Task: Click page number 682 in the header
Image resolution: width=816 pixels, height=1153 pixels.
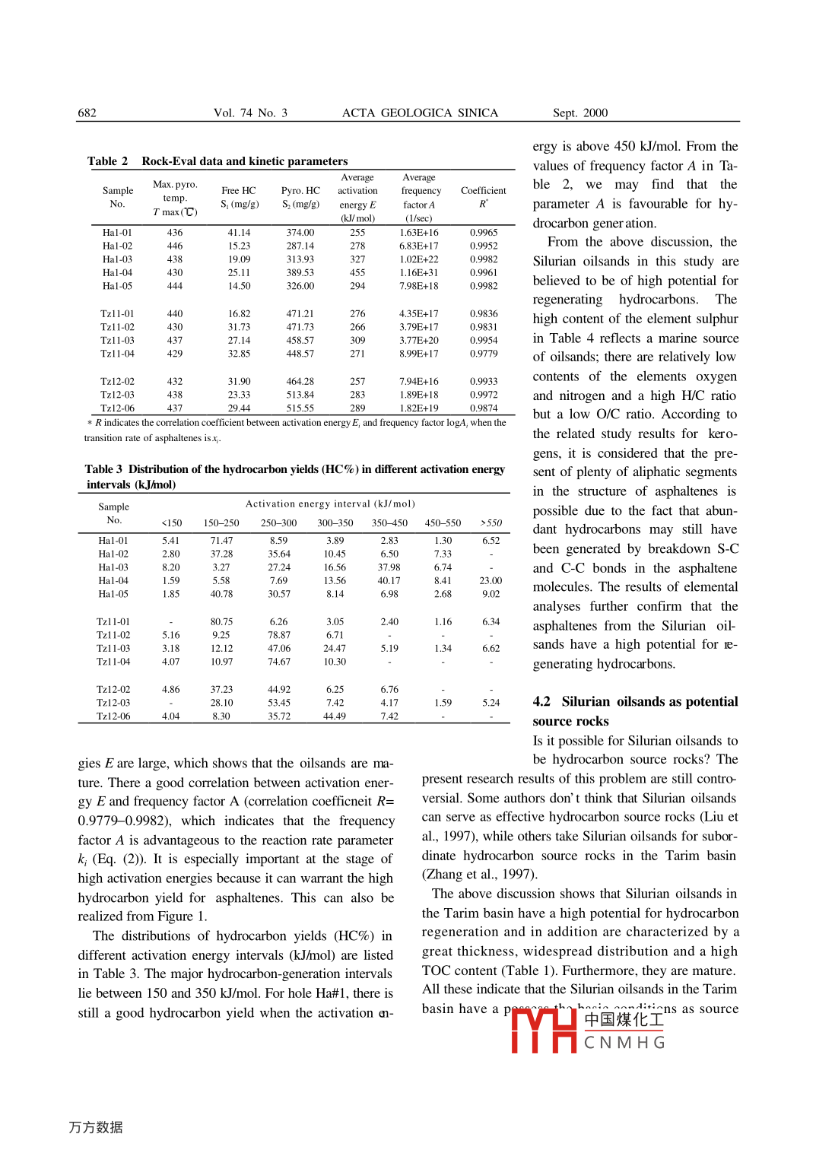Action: [87, 113]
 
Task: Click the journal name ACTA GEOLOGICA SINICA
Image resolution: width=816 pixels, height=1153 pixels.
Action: [420, 113]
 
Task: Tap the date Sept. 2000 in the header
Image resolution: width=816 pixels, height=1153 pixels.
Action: [579, 113]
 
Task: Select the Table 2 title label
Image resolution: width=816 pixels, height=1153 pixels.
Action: [107, 161]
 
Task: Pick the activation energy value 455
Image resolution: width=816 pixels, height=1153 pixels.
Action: [357, 272]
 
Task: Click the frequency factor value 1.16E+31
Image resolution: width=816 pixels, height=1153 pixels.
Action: [418, 272]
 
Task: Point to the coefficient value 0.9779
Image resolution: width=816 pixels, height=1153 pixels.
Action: [484, 354]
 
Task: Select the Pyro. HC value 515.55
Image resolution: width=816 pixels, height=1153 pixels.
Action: [300, 408]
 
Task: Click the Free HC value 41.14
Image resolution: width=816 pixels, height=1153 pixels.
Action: [239, 233]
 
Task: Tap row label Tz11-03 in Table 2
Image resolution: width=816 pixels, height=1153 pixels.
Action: [117, 340]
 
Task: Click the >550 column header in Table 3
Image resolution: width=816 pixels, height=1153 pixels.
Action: [491, 523]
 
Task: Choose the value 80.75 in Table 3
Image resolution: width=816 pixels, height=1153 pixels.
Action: [221, 621]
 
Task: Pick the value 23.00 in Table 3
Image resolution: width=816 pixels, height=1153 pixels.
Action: [491, 580]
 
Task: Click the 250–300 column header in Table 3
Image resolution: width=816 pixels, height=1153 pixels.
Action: [278, 523]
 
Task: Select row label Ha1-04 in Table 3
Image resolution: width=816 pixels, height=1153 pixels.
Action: [113, 580]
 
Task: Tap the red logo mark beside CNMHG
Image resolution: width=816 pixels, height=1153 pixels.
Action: [544, 1031]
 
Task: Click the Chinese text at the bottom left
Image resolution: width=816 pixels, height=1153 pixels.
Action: [96, 1127]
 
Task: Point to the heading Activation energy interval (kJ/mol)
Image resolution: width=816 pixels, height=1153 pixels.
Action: [330, 503]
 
